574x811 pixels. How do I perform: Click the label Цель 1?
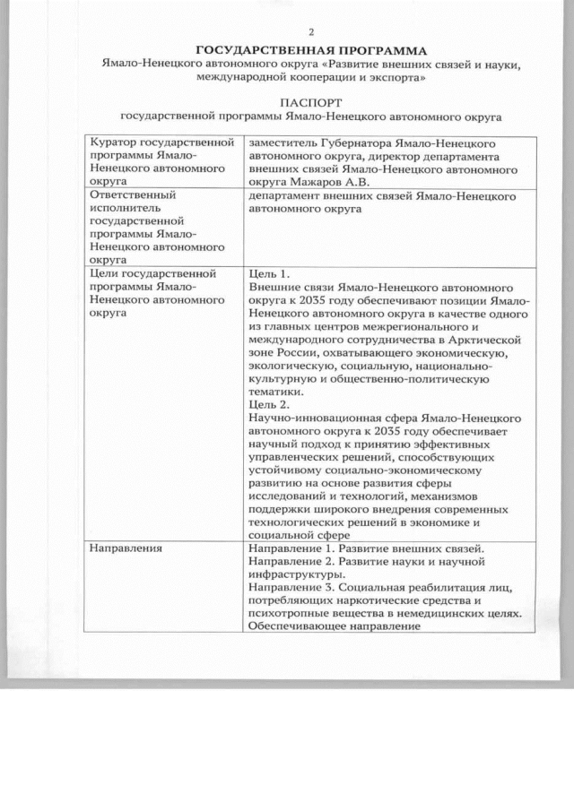coord(269,273)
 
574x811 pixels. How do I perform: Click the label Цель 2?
coord(269,403)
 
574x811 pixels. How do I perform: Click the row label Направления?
coord(125,548)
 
